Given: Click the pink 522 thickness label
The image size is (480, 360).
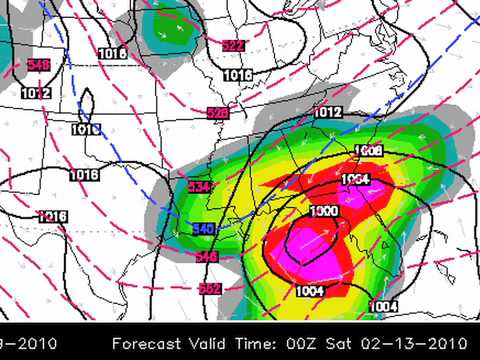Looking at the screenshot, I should (x=232, y=45).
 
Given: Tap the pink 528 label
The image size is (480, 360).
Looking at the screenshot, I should (x=217, y=112).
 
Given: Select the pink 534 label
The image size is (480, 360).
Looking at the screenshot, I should (x=198, y=186).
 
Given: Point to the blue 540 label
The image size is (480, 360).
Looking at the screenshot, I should (x=203, y=229).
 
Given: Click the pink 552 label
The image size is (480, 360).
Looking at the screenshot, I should (x=209, y=288).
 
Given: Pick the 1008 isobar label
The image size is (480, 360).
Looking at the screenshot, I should (x=368, y=150).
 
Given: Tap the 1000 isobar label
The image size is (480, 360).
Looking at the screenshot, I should (x=323, y=212).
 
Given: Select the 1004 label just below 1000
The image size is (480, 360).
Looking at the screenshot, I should (x=311, y=290).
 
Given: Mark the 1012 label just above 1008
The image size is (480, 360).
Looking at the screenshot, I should (x=328, y=112).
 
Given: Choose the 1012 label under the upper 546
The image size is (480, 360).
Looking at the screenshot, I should (x=37, y=93).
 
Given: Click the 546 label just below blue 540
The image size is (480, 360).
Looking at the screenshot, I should (x=207, y=257).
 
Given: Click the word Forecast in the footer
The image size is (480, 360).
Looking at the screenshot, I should (x=148, y=343).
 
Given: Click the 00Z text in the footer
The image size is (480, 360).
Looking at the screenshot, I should (x=304, y=343).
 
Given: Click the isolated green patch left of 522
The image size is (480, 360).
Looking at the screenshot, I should (x=168, y=32).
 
